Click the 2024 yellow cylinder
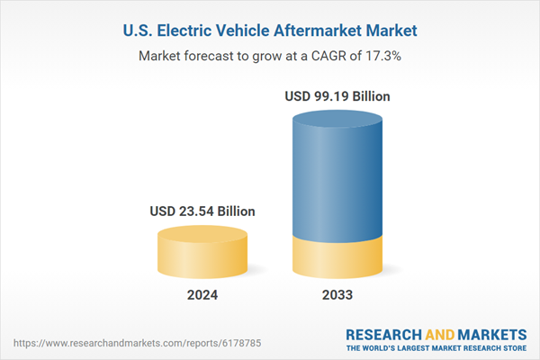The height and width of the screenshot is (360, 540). pos(202,254)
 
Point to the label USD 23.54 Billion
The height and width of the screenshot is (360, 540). pos(202,211)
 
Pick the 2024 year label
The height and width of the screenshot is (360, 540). pos(202,295)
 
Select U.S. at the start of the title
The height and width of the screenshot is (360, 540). pos(137,31)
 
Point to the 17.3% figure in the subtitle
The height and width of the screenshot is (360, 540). pos(382,56)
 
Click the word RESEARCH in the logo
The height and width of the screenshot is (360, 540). pos(390,332)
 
